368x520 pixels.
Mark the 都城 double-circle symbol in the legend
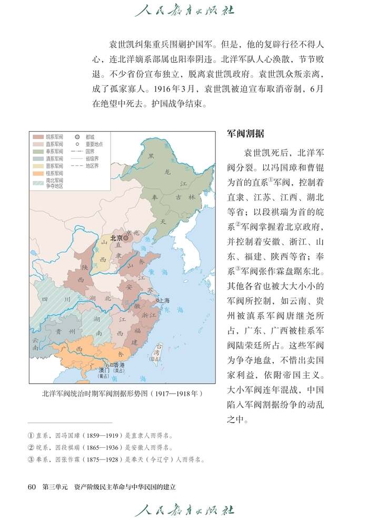coord(77,136)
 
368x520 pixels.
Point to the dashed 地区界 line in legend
coord(77,165)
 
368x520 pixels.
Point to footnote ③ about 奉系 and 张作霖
coord(116,459)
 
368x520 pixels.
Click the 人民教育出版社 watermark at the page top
coord(184,10)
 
